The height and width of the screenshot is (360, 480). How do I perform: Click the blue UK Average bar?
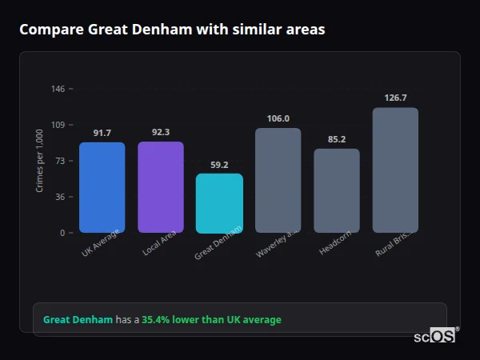(102, 187)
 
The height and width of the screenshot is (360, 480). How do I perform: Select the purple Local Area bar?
(161, 187)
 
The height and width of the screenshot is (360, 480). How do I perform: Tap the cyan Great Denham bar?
(219, 203)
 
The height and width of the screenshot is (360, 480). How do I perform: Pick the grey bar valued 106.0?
(278, 180)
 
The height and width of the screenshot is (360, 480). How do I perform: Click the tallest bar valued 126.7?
(395, 170)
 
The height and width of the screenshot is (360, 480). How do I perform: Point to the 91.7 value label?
(102, 133)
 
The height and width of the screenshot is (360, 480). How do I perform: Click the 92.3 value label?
(161, 132)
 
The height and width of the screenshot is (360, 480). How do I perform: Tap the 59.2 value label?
(219, 165)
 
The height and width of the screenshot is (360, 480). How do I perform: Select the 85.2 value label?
(337, 139)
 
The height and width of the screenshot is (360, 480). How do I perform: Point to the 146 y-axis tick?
(58, 89)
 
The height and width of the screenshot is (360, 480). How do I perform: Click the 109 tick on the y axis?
(58, 125)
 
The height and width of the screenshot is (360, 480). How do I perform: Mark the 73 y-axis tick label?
(60, 161)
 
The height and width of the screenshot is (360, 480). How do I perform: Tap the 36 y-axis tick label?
(60, 197)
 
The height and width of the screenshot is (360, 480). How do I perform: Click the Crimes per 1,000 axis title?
(40, 161)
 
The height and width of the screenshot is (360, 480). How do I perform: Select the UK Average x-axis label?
(101, 242)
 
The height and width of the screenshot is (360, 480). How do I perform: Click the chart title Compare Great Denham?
(172, 30)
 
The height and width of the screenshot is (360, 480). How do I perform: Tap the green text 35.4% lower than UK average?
(211, 320)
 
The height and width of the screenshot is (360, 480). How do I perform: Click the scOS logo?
(435, 336)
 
